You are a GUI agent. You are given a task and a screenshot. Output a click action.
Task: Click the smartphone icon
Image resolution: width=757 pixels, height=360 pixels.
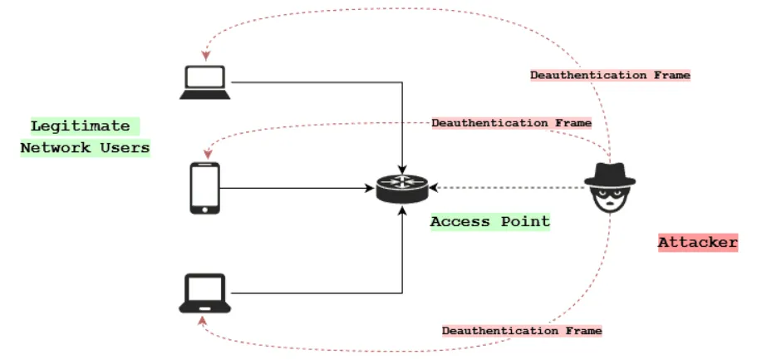205,187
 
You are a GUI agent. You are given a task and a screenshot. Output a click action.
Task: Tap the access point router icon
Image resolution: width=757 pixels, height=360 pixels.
401,188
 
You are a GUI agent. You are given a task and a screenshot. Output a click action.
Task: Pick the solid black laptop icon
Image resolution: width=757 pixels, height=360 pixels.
204,293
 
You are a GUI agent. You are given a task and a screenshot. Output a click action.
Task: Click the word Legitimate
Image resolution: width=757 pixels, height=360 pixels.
81,126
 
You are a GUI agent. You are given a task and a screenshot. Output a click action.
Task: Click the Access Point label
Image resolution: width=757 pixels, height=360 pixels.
489,221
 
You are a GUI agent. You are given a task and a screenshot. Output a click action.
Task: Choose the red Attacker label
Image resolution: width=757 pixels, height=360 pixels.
697,243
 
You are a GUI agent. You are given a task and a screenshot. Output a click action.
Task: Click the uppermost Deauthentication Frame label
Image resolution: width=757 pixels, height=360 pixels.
610,75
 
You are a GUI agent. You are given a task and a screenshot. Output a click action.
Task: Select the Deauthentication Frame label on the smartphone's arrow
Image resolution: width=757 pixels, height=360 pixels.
511,123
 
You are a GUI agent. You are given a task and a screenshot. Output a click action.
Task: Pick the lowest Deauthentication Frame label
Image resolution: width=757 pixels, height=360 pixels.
521,330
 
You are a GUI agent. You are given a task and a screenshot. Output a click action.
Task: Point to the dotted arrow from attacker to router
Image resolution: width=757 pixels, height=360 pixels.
507,188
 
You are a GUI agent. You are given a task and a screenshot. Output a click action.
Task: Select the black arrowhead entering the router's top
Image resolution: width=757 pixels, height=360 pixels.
402,170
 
